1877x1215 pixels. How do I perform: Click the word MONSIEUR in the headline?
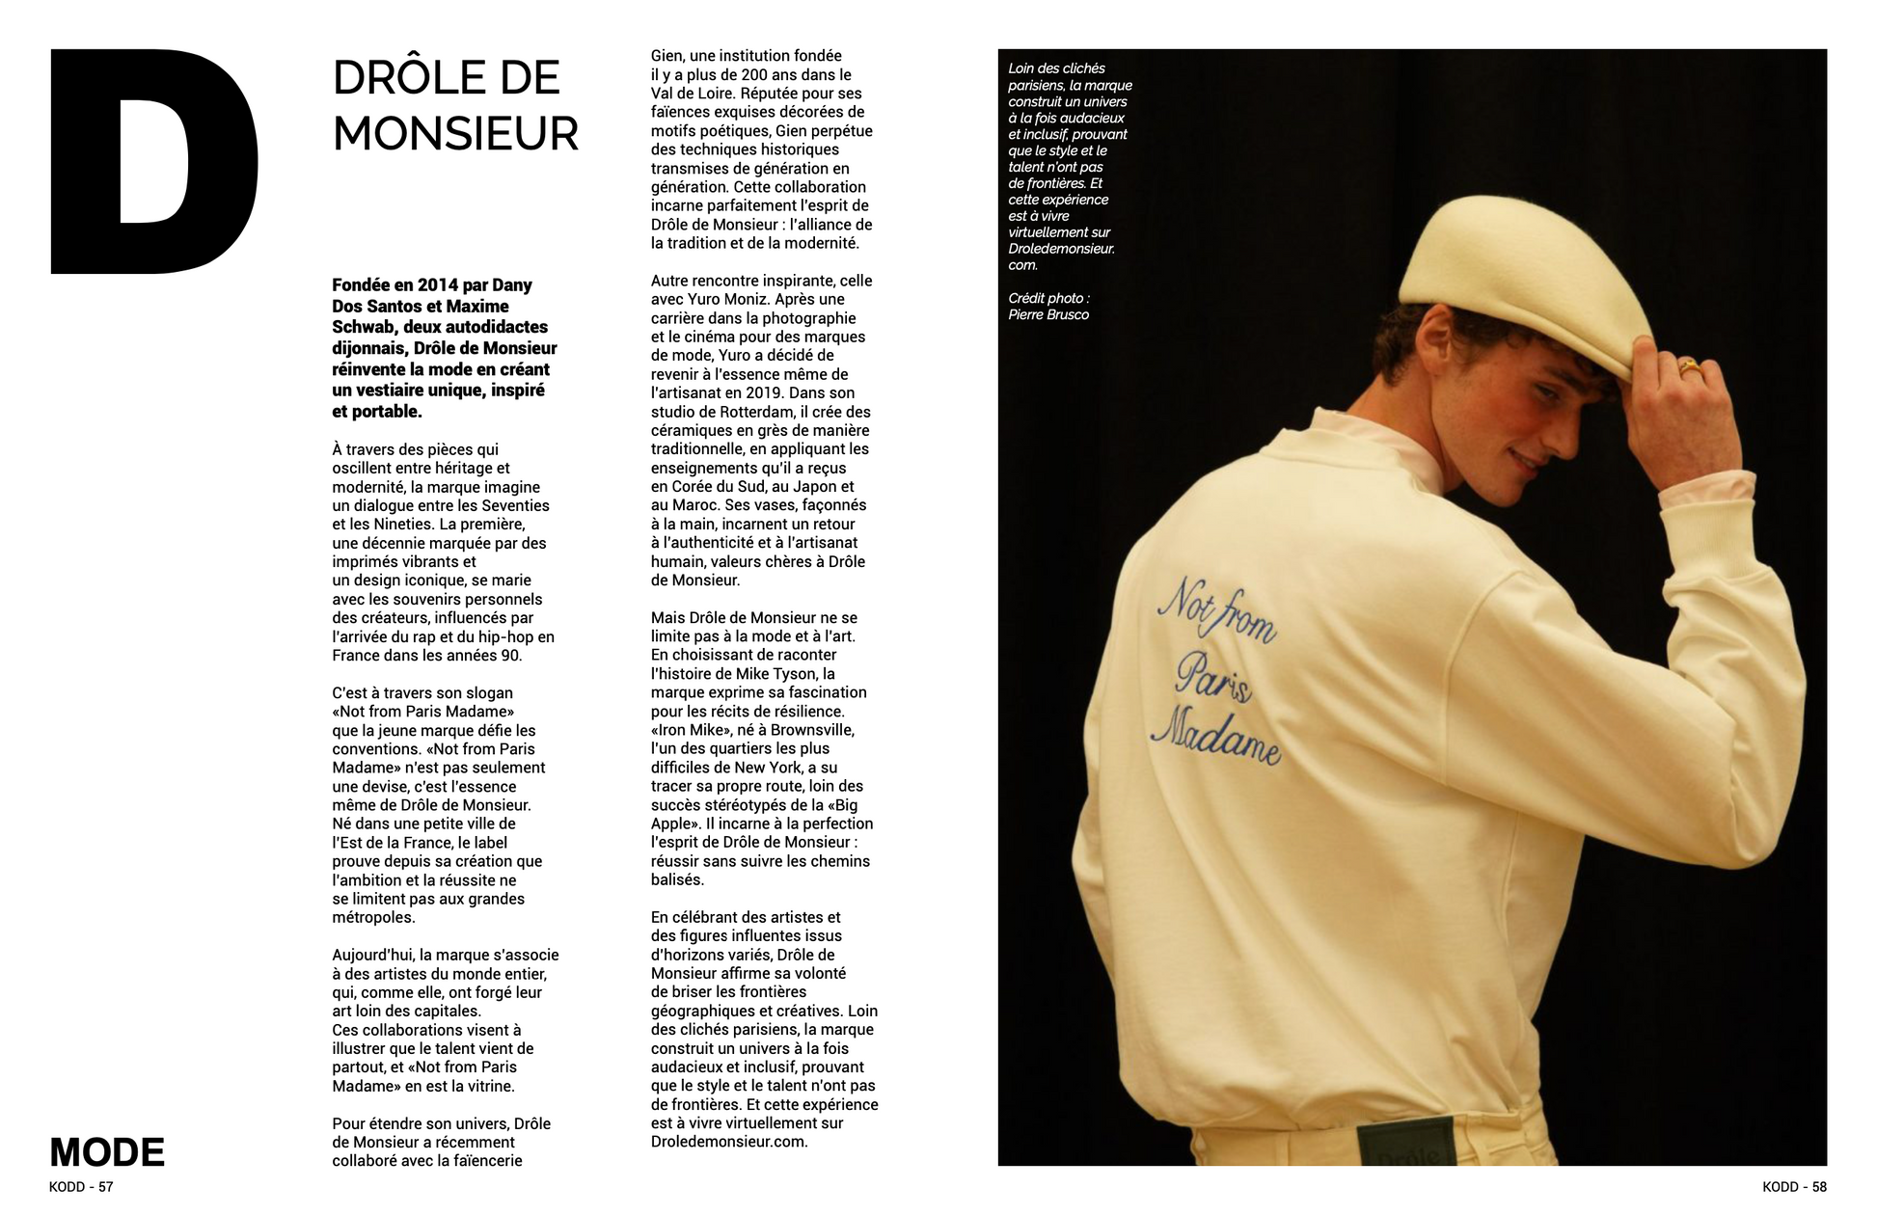[x=455, y=134]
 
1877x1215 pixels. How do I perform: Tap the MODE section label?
[x=107, y=1152]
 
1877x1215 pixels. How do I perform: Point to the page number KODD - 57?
[x=81, y=1187]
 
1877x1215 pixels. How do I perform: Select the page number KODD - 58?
[x=1794, y=1187]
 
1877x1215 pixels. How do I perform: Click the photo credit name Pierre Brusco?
[x=1048, y=314]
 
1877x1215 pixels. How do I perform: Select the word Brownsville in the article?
[x=812, y=730]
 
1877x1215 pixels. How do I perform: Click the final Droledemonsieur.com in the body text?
[x=728, y=1142]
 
